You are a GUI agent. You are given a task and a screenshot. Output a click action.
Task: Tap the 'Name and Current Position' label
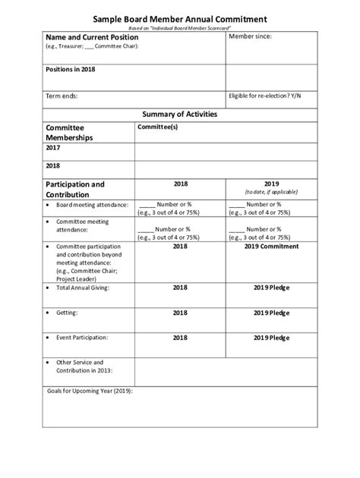(92, 36)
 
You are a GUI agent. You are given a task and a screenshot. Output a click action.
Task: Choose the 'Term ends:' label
(62, 96)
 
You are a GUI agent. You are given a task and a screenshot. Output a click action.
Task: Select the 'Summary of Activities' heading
(180, 114)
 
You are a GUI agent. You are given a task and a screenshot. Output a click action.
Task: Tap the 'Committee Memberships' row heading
(69, 133)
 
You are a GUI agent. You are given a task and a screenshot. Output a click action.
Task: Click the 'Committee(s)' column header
(157, 127)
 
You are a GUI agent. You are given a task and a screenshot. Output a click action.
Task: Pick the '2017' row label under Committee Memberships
(53, 149)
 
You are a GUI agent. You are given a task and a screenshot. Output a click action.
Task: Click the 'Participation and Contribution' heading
(74, 189)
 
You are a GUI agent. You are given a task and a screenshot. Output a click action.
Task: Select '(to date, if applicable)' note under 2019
(272, 192)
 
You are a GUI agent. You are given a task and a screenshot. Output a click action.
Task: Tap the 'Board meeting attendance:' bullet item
(92, 205)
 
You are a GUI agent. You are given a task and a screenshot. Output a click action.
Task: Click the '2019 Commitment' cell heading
(272, 247)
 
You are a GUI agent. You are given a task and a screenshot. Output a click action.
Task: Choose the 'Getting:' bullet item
(68, 312)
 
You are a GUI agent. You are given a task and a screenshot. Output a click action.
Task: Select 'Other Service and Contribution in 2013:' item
(84, 366)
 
